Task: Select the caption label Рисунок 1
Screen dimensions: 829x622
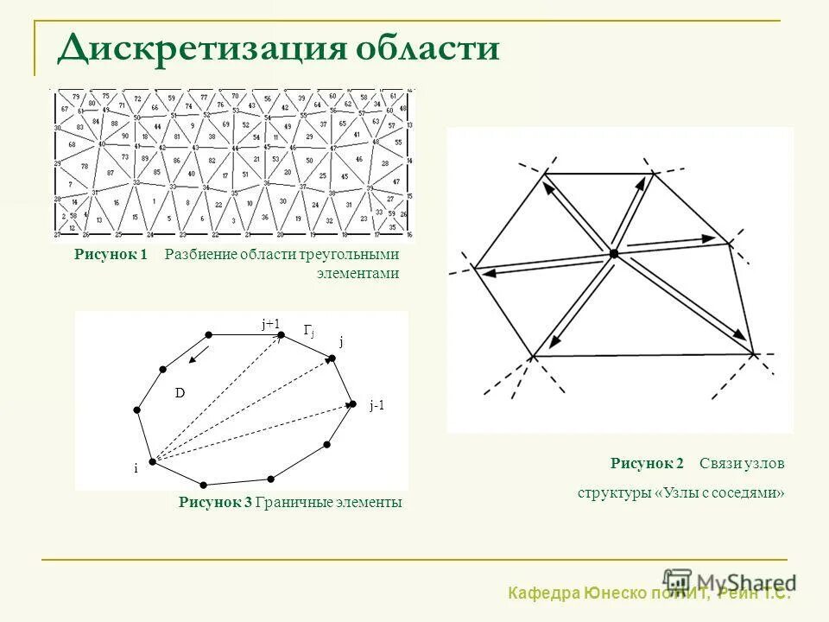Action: pos(111,255)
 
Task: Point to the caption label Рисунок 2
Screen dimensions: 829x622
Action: pos(647,464)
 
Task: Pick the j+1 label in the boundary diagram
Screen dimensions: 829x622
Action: pos(271,324)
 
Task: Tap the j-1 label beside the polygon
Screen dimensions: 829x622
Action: pos(377,405)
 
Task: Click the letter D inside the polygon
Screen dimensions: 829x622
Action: pos(180,393)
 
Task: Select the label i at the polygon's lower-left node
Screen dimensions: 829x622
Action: pos(136,468)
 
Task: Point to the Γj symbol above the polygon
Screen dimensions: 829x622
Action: pos(308,330)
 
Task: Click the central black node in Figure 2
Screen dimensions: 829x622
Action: pos(613,253)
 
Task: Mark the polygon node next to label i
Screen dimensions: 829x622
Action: pos(151,462)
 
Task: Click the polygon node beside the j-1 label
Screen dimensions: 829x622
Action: pos(352,403)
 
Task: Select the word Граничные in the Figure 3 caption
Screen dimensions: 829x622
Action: pos(289,503)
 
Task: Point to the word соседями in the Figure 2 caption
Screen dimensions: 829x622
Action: pos(749,493)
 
